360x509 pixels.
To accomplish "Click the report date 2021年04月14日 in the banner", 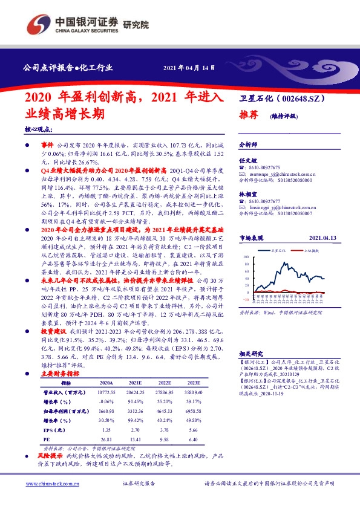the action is click(x=189, y=67).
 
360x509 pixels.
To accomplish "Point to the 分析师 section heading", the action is click(x=249, y=146).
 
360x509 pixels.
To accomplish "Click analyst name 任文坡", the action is click(x=248, y=160).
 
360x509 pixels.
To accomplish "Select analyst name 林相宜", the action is click(x=248, y=193).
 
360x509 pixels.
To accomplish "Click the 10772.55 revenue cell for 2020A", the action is click(x=106, y=392).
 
